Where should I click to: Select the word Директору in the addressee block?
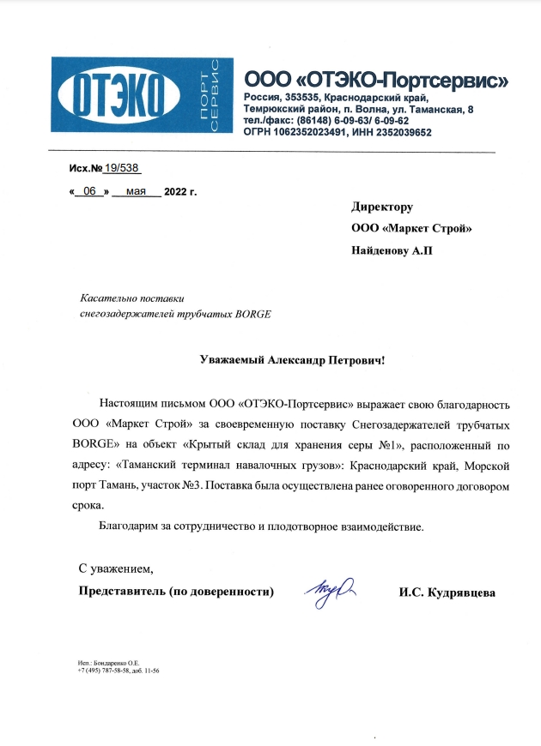coord(382,207)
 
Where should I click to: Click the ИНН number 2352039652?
coord(400,133)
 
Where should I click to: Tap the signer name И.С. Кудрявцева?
coord(447,593)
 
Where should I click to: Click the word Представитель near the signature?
coord(123,593)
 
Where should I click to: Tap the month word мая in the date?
coord(136,191)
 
